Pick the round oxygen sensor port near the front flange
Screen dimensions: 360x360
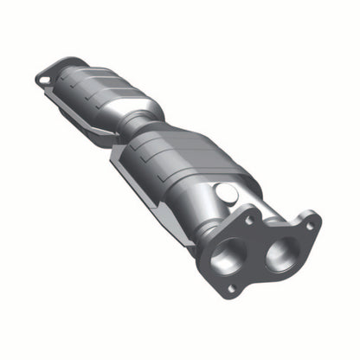[226, 194]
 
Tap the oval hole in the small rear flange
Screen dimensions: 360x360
[44, 80]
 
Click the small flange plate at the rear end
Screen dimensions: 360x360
[50, 76]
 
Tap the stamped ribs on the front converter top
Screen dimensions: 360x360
[190, 143]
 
